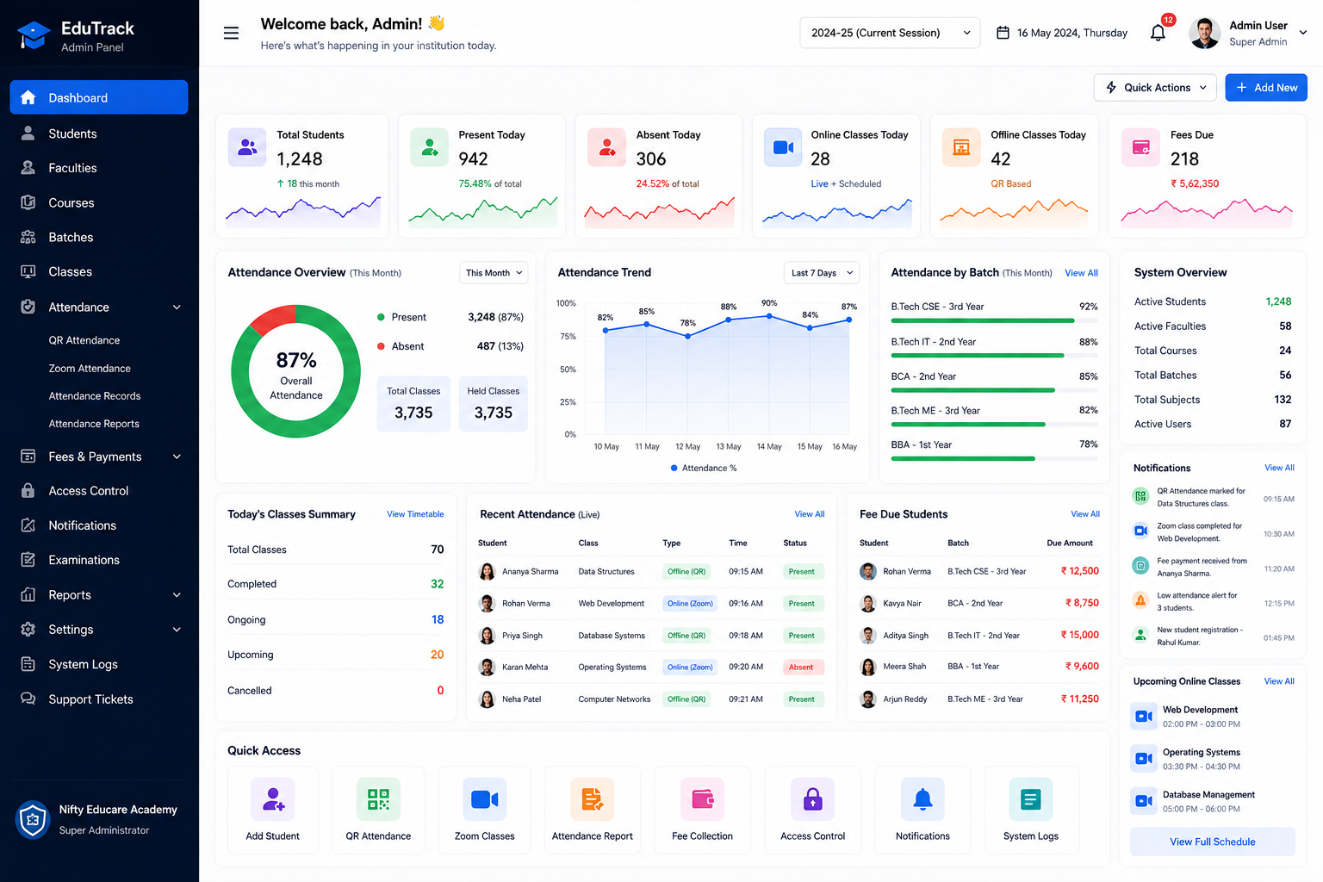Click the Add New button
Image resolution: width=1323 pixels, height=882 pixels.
[x=1265, y=88]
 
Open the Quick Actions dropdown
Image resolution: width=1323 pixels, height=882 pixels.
[x=1155, y=88]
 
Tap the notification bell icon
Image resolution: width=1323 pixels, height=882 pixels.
[x=1158, y=33]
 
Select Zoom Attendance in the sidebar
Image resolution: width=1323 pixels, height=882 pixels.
[x=90, y=368]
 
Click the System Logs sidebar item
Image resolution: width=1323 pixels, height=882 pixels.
[x=83, y=664]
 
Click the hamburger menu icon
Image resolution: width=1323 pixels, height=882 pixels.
[x=231, y=33]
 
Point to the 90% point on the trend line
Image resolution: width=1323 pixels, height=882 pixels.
[x=769, y=316]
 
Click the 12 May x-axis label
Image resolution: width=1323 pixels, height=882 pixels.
[x=687, y=447]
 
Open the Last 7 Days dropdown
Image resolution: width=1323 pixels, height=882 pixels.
[x=822, y=273]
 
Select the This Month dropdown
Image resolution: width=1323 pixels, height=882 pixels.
[x=494, y=273]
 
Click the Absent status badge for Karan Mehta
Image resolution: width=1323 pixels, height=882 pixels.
[x=802, y=667]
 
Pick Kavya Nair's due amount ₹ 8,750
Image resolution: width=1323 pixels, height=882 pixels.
[x=1082, y=603]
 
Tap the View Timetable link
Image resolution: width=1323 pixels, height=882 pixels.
[x=415, y=514]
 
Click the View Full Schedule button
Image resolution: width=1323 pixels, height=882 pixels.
[x=1213, y=842]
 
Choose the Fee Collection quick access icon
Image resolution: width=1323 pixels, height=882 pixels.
[x=702, y=799]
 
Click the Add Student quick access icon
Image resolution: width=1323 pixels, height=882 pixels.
[x=272, y=799]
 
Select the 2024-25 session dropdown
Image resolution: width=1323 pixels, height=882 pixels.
[x=890, y=33]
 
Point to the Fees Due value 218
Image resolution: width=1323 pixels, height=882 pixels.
[x=1184, y=158]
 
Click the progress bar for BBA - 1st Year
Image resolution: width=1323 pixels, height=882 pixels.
[x=994, y=458]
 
